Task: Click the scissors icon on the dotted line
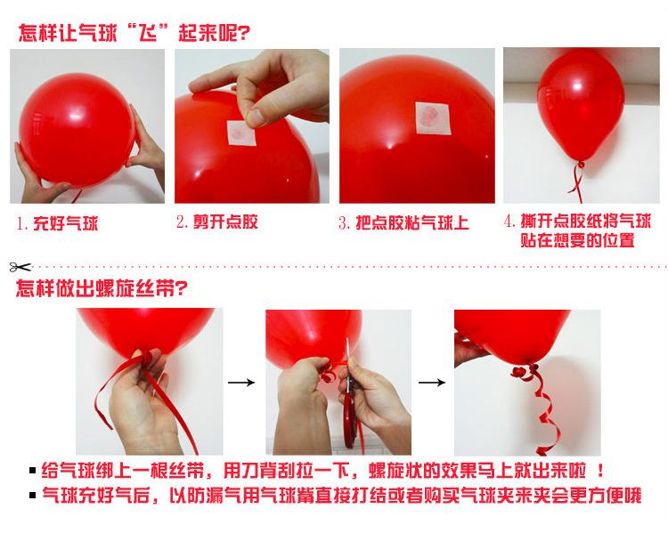19,265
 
